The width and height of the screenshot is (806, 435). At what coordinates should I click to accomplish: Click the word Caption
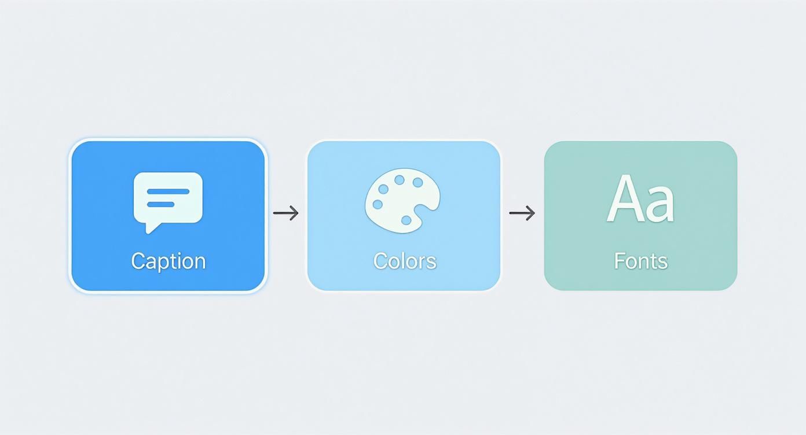point(168,261)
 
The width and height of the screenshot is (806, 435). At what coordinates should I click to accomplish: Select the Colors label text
point(404,261)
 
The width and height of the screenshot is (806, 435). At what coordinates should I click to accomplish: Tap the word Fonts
point(640,261)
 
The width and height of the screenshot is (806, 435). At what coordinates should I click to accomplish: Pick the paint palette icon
point(402,200)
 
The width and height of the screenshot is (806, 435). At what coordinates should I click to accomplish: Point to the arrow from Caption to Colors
point(286,213)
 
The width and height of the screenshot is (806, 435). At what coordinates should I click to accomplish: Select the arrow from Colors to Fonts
point(522,213)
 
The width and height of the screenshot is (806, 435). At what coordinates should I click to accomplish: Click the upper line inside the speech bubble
point(168,191)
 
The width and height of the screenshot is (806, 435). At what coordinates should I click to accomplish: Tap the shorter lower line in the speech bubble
point(160,204)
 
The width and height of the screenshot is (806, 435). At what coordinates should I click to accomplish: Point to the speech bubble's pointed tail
point(151,228)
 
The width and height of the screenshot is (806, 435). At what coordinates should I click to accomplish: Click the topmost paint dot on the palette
point(400,180)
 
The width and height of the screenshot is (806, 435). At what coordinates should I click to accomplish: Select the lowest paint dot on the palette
point(406,220)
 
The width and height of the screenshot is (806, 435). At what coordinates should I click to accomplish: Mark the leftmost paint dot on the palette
point(378,204)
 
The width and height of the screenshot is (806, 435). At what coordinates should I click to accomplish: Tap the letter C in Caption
point(138,261)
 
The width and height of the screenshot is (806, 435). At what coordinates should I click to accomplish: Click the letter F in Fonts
point(618,261)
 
